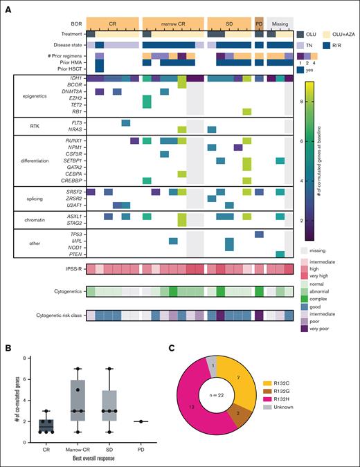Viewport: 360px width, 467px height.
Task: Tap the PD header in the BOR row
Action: click(259, 23)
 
